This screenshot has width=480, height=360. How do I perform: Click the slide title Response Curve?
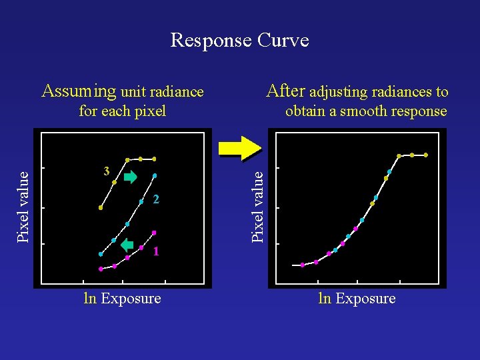(239, 41)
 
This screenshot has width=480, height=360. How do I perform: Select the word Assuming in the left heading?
(78, 91)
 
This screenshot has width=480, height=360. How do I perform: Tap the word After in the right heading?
(286, 91)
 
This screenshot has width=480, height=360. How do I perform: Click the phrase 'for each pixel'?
(122, 111)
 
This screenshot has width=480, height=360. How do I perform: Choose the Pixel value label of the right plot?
(258, 206)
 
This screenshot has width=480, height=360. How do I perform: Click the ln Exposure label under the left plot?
(122, 299)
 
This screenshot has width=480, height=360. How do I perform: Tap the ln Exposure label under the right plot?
(357, 299)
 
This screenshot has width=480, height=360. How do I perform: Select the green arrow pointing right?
(130, 177)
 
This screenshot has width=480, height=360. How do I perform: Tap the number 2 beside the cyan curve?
(155, 199)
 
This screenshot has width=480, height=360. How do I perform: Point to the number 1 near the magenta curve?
(155, 251)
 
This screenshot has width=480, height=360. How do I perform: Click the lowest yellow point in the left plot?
(101, 208)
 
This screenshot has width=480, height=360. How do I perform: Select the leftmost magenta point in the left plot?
(101, 269)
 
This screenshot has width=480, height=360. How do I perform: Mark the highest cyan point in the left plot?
(155, 175)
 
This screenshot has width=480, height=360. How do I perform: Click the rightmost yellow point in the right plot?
(426, 155)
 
